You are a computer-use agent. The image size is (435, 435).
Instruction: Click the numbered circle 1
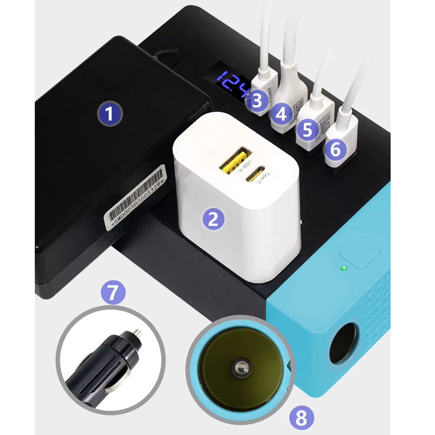click(109, 114)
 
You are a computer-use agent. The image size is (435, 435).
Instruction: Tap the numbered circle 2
click(213, 218)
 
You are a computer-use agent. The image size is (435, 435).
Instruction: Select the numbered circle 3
click(257, 101)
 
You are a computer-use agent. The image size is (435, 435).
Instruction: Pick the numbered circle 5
click(308, 130)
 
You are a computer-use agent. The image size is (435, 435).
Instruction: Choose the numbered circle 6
click(335, 150)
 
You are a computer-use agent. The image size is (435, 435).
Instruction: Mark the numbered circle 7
click(113, 292)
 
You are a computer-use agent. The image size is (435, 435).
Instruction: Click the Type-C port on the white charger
click(254, 174)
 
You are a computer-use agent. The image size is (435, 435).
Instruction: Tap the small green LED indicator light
click(343, 267)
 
